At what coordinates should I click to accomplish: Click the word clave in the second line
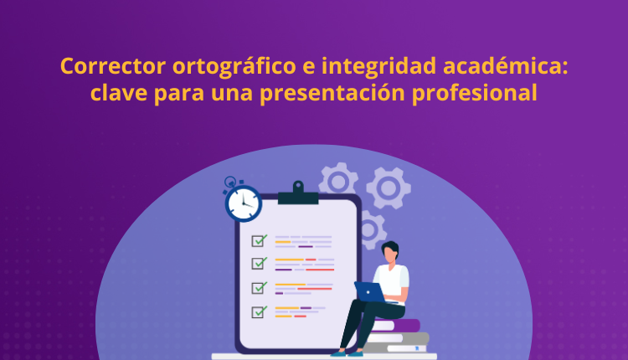click(x=118, y=93)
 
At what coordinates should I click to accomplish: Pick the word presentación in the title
click(x=337, y=93)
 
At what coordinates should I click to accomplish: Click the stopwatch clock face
click(x=243, y=202)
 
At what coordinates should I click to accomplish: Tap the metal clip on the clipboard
click(x=298, y=194)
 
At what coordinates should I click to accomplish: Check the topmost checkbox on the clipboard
click(x=260, y=240)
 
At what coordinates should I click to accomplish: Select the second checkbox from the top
click(x=260, y=264)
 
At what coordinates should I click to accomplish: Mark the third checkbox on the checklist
click(x=260, y=287)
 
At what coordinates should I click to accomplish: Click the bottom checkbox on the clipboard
click(x=260, y=311)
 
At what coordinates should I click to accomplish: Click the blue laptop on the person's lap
click(x=368, y=291)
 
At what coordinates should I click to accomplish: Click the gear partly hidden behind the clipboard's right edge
click(x=369, y=229)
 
